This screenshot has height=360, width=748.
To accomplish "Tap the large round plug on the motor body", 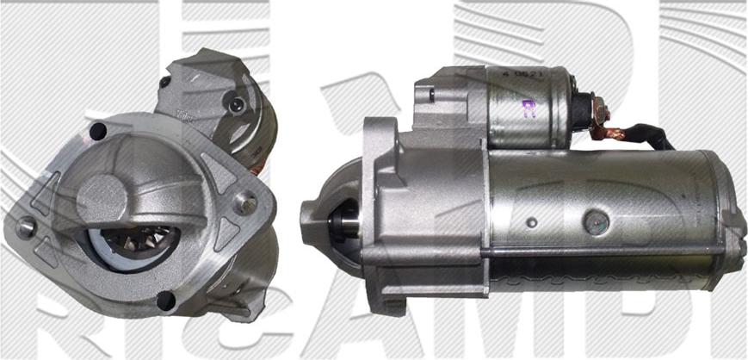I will (594, 221).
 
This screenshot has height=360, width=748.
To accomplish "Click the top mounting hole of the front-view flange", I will (97, 132).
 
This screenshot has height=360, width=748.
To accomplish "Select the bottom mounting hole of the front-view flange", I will (166, 301).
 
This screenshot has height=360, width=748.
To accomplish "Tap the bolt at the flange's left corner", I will (26, 227).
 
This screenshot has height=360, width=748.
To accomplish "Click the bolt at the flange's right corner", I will (246, 205).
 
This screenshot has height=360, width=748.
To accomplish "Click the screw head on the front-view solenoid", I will (233, 104).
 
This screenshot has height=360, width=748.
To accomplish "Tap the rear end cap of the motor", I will (727, 220).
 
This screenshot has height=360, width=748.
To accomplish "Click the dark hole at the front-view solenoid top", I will (164, 83).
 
